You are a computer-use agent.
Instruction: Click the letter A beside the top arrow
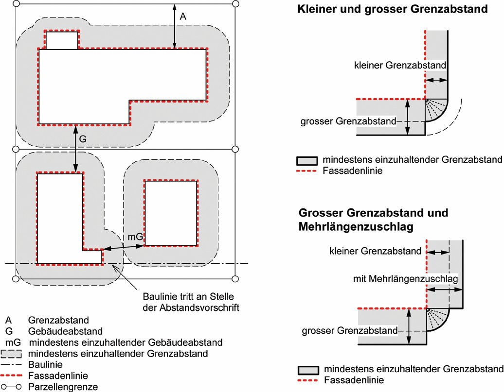(x=183, y=16)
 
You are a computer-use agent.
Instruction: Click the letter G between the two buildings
(x=83, y=139)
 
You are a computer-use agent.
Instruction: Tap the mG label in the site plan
(x=135, y=237)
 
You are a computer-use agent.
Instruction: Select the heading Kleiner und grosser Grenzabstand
(x=393, y=9)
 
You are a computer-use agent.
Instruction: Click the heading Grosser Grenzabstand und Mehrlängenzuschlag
(x=373, y=220)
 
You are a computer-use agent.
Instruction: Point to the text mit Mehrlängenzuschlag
(x=405, y=278)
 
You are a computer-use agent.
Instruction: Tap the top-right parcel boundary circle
(x=235, y=4)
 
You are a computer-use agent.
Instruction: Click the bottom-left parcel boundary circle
(x=16, y=279)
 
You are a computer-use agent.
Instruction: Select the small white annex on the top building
(x=62, y=40)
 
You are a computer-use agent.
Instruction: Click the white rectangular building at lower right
(x=171, y=213)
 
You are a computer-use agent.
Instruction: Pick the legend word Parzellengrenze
(x=63, y=387)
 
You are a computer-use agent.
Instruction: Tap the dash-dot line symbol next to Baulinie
(x=11, y=364)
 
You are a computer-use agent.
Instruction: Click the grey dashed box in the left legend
(x=11, y=354)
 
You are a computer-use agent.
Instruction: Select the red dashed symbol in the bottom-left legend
(x=11, y=375)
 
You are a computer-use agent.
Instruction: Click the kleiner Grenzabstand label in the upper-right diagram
(x=400, y=65)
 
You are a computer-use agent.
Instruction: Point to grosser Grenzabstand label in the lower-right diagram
(x=350, y=331)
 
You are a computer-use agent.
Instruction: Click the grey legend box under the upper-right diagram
(x=307, y=160)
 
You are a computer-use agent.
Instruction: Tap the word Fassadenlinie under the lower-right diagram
(x=354, y=380)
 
